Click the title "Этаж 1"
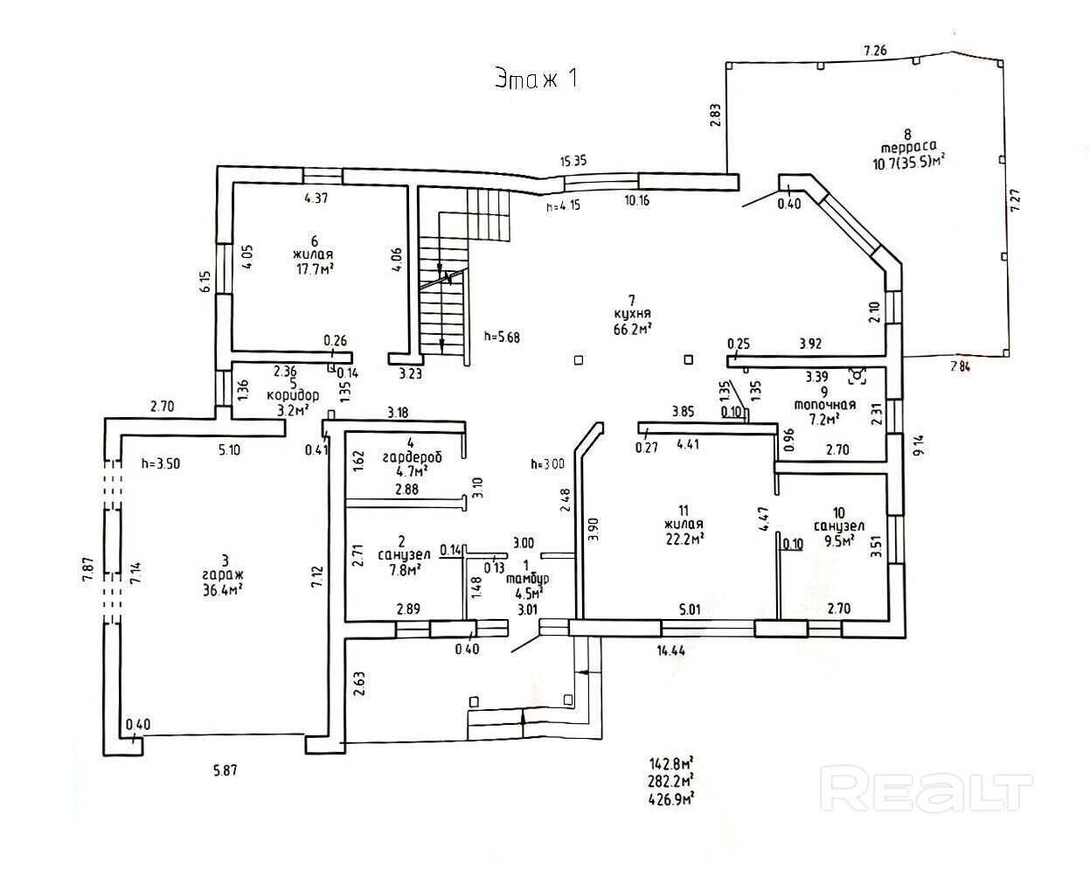click(536, 78)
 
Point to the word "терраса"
click(908, 148)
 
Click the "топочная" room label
click(824, 405)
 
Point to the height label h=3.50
click(160, 464)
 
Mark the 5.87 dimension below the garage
click(225, 770)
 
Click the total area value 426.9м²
click(670, 797)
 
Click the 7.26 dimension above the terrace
click(875, 52)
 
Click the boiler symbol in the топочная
click(857, 376)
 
